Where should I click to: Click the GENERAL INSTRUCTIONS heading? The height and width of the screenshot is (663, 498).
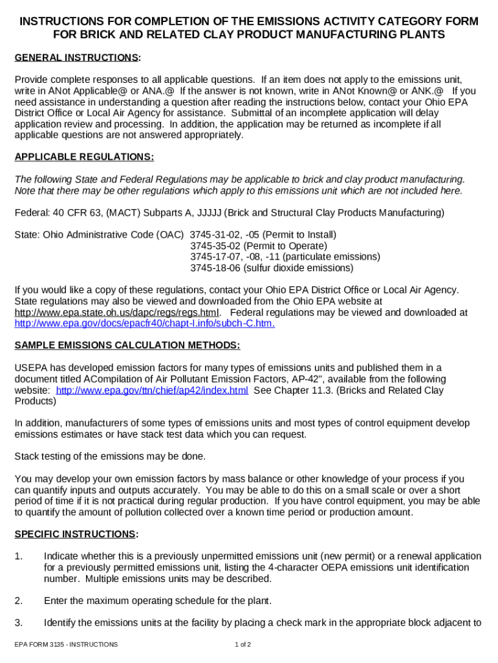coord(77,58)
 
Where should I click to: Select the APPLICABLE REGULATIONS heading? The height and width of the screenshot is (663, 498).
coord(84,157)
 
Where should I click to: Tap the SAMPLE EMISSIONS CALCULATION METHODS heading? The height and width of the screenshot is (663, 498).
coord(127,345)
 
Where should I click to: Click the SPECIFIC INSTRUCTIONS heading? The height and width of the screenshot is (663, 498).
coord(76,534)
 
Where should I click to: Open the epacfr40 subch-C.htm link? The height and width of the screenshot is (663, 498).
coord(144,324)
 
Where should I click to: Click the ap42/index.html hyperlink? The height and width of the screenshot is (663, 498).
coord(152,390)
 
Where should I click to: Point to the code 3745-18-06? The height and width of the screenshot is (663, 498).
coord(215,268)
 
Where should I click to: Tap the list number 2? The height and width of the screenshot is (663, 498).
coord(19,601)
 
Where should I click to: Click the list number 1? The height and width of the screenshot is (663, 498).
coord(19,556)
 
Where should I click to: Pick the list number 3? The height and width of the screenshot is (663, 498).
coord(19,623)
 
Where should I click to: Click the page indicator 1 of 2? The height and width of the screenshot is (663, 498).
coord(243,645)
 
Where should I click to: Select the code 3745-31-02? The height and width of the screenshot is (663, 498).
coord(215,234)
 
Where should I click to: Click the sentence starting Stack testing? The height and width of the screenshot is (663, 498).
coord(110,456)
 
